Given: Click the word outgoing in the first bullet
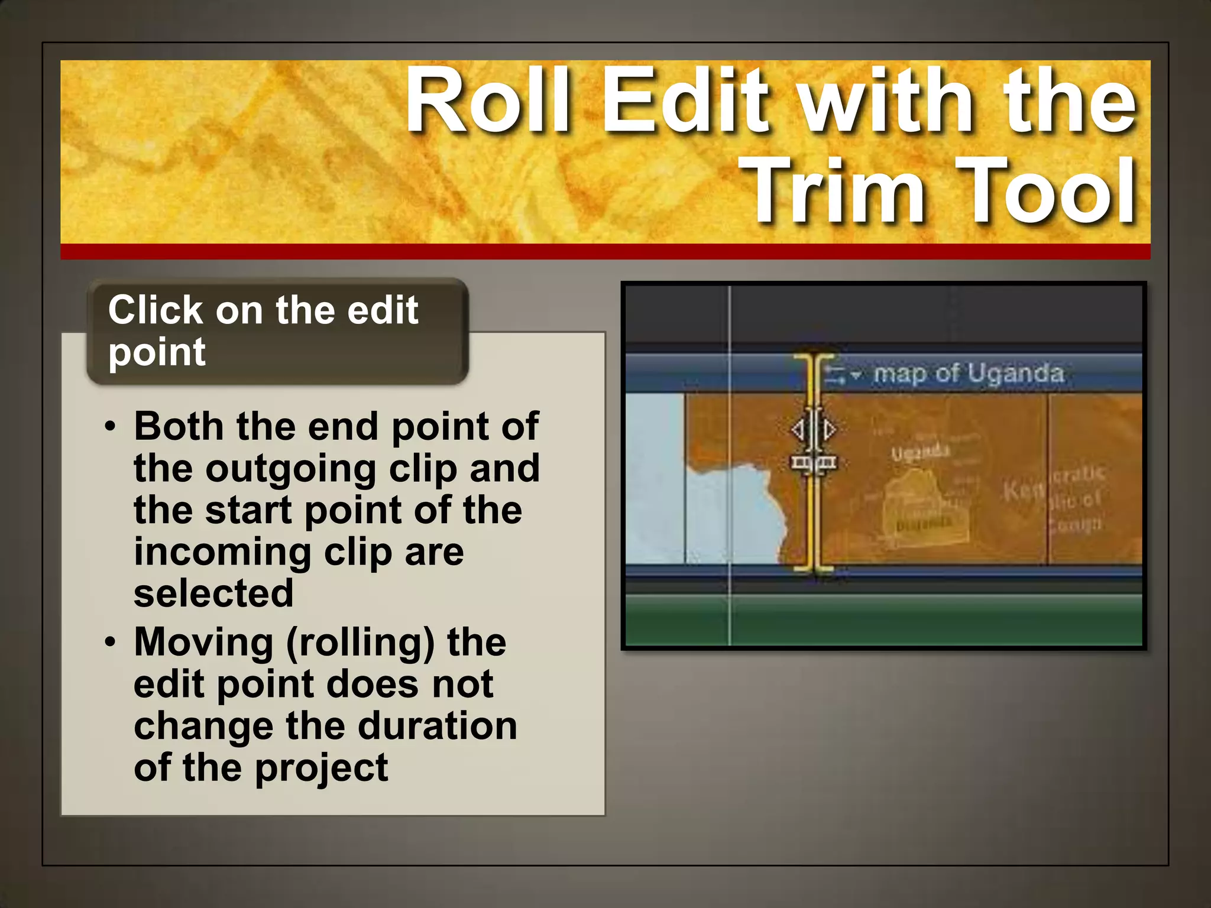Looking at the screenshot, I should point(290,468).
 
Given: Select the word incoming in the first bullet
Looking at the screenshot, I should point(222,552).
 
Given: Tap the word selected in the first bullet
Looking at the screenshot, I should point(213,594).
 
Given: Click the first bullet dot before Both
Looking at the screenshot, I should point(110,427).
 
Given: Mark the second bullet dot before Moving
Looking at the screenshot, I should point(110,643).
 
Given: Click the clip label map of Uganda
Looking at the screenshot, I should point(969,374).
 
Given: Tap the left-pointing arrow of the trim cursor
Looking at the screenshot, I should point(798,430).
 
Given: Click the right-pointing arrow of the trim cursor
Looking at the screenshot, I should point(830,430).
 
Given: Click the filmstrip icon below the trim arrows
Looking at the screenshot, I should point(814,463).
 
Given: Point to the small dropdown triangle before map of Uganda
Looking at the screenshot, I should point(856,375).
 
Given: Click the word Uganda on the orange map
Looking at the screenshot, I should point(920,453).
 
